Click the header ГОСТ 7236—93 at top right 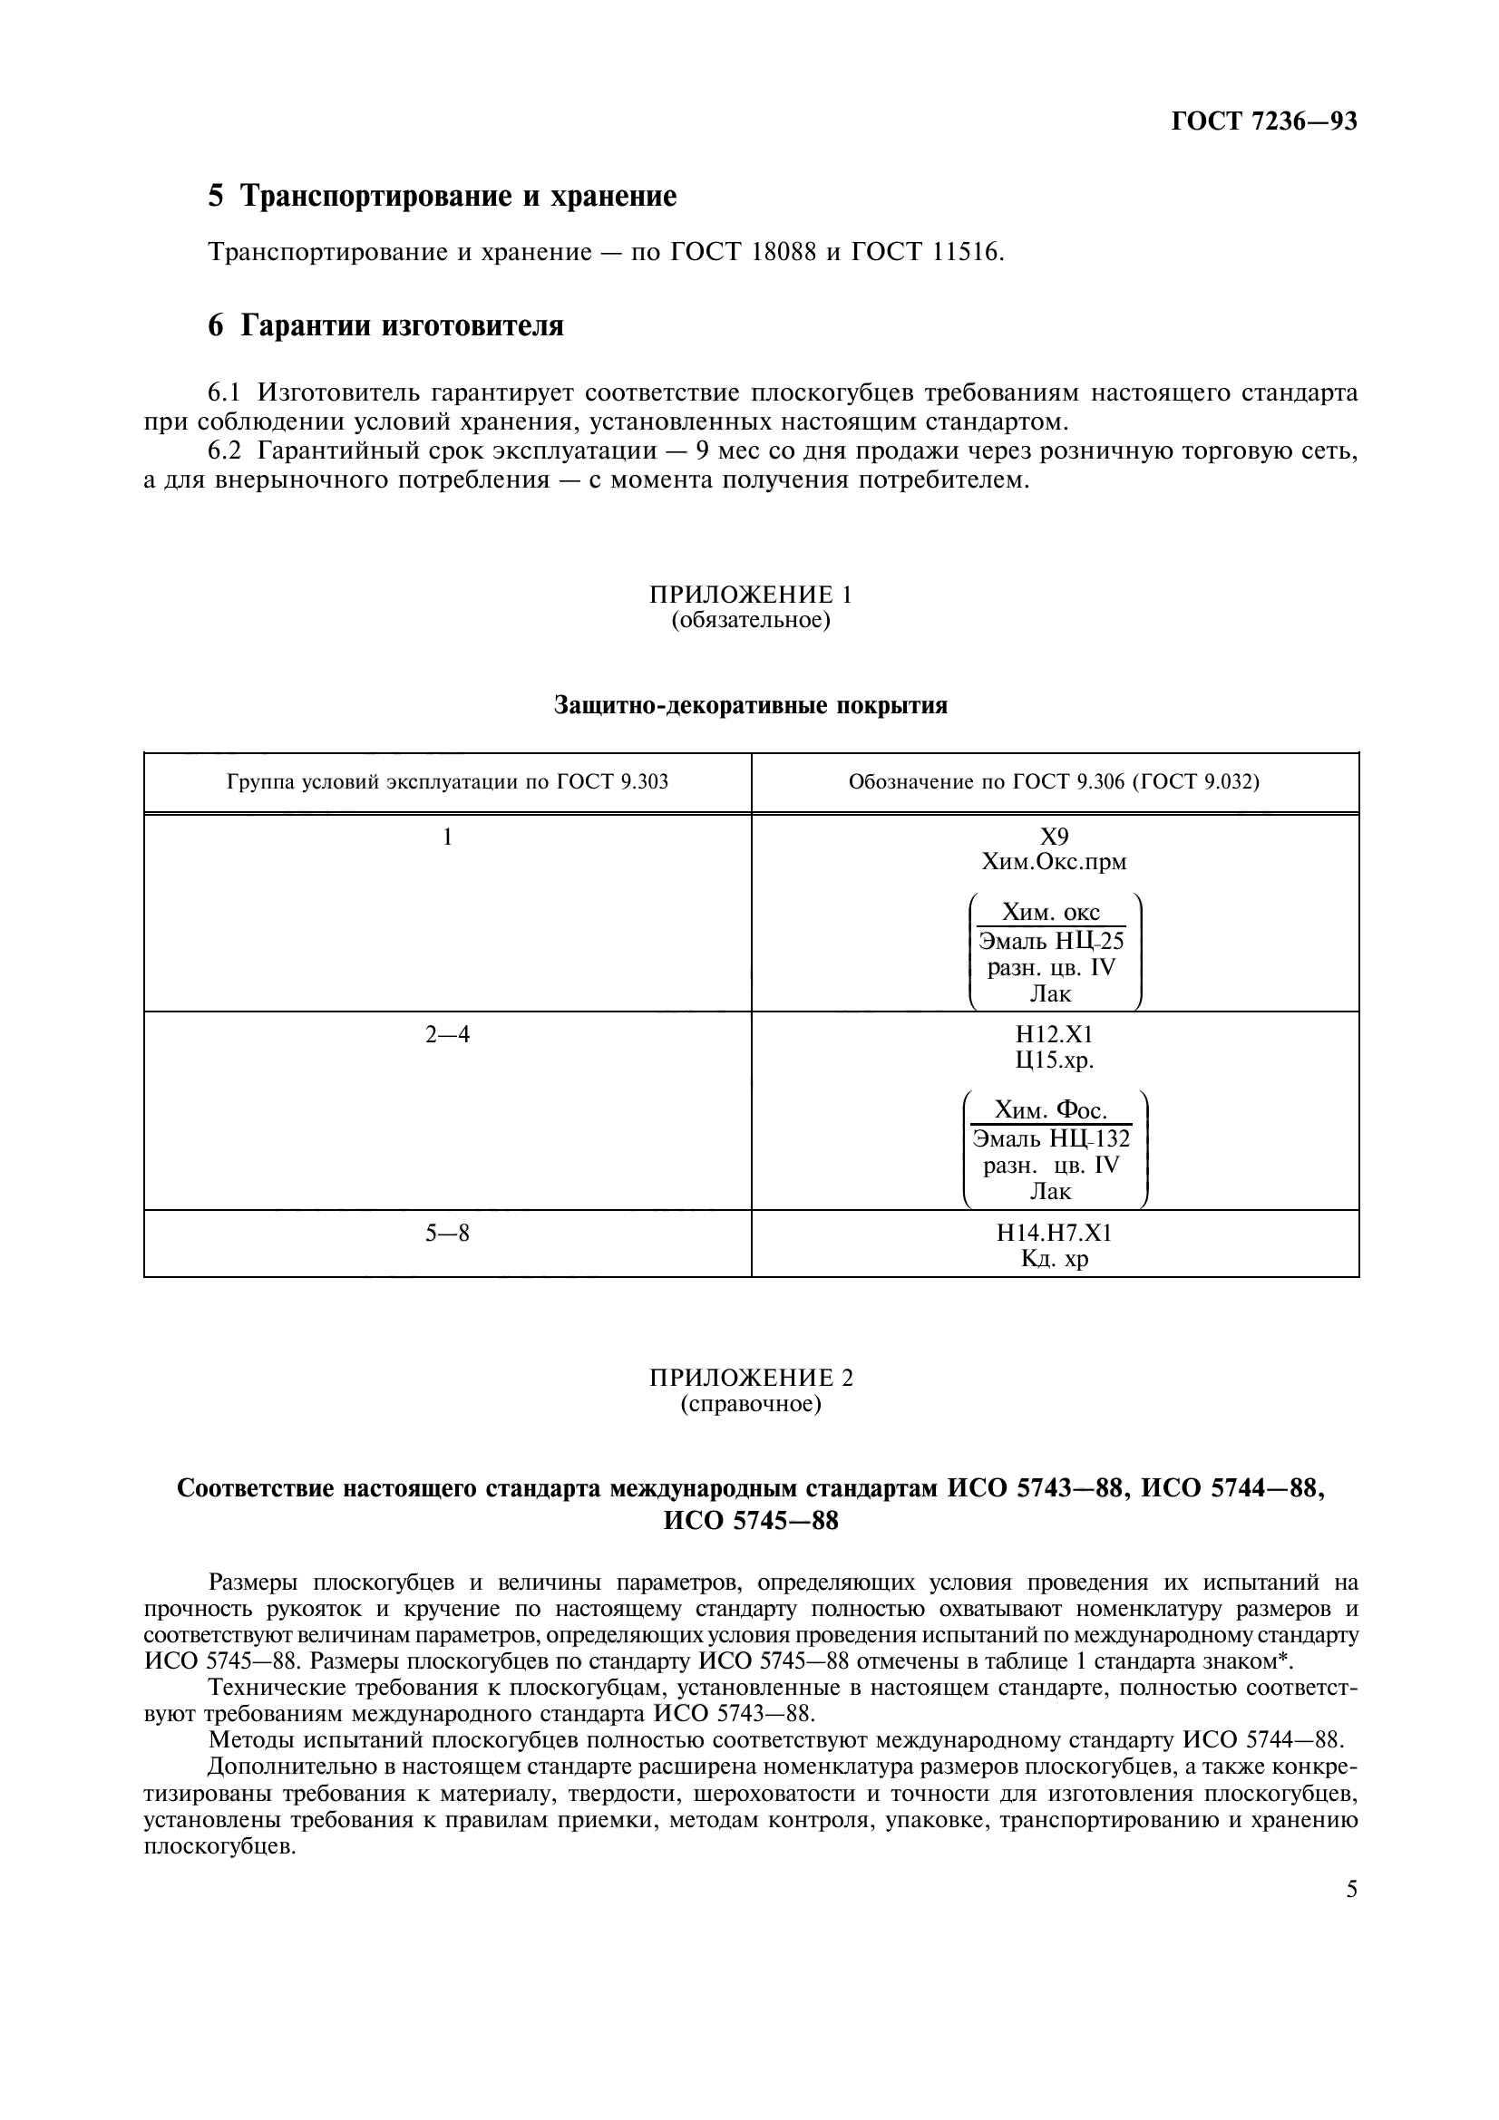point(1263,121)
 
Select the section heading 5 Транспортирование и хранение point(442,196)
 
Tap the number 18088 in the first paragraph point(784,252)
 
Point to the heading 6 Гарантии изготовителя point(385,326)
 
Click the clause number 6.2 point(224,450)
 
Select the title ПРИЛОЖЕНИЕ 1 point(750,594)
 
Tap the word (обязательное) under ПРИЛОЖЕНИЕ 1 point(750,620)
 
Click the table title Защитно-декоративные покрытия point(750,705)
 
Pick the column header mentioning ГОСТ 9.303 point(447,783)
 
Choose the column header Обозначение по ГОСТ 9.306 point(1054,783)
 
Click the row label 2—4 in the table point(447,1035)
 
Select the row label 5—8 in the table point(447,1233)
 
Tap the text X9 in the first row point(1054,837)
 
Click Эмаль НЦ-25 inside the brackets point(1051,942)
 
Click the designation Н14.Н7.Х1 point(1054,1233)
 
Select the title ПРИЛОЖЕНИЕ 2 point(750,1379)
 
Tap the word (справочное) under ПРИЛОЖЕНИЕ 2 point(750,1404)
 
